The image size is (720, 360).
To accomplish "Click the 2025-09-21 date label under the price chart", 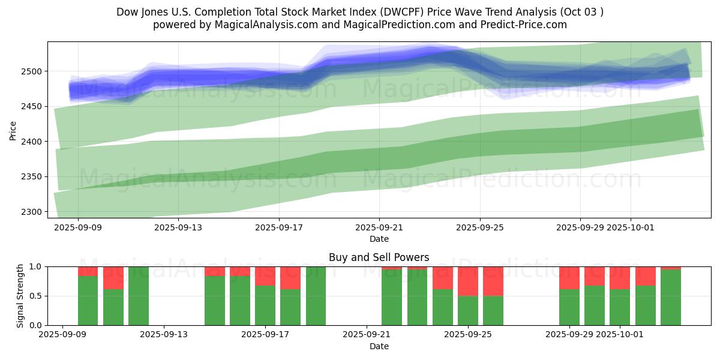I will coord(379,228).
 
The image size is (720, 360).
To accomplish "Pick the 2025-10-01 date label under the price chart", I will coord(631,228).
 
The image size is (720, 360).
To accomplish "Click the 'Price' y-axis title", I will coord(13,130).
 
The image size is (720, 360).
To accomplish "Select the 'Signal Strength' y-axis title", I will coord(20,296).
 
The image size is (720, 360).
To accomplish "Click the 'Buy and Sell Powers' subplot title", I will coord(379,257).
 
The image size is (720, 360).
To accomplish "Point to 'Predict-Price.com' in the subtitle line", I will coord(528,25).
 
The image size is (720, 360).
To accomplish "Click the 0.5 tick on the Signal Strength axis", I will coord(34,296).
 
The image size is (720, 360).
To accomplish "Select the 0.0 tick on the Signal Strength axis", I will coord(34,325).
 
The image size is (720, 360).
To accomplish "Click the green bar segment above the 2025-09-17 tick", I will coord(265,306).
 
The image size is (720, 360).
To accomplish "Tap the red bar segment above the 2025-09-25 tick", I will coord(467,281).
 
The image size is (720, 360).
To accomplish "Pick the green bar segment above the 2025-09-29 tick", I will coord(569,307).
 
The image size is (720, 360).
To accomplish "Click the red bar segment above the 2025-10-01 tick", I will coord(620,277).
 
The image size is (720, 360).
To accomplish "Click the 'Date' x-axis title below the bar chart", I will coord(379,346).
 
